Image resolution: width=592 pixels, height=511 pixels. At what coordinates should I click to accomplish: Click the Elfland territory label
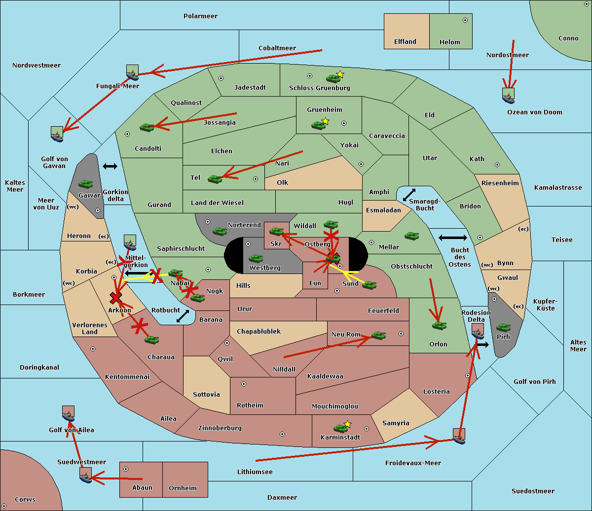point(405,42)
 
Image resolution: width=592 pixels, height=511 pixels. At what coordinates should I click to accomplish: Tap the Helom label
point(449,42)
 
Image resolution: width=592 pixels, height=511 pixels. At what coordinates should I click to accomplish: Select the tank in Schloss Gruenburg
point(333,78)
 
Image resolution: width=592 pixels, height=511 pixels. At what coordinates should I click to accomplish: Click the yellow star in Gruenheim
point(325,121)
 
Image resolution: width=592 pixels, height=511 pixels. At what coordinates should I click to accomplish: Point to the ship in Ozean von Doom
point(508,96)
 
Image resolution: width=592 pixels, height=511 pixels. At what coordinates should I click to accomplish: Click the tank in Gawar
point(86,184)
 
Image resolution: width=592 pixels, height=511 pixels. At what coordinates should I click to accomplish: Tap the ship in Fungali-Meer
point(132,72)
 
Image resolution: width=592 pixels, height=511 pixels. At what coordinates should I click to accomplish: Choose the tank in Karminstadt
point(340,428)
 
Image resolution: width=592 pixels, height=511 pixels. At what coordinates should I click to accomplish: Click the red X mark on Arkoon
point(116,298)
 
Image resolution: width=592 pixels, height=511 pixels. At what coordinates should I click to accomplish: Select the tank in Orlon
point(439,326)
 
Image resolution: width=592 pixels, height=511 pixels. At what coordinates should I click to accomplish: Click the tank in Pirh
point(503,328)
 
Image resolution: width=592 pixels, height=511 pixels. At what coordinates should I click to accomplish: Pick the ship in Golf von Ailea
point(68,414)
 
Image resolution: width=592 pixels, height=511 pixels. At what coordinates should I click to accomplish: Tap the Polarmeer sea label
point(200,16)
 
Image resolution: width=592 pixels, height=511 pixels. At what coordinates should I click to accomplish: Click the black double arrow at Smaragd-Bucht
point(409,195)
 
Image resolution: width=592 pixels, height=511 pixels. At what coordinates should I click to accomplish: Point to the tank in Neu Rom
point(378,336)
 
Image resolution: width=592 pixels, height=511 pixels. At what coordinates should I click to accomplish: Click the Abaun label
point(142,488)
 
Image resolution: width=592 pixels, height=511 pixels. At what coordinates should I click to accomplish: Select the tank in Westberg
point(256,259)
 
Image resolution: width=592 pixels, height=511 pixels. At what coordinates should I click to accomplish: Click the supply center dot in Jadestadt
point(221,78)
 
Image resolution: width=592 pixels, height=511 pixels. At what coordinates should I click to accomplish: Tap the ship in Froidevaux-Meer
point(459,436)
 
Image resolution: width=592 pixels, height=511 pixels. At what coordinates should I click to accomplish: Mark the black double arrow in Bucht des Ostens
point(452,238)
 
